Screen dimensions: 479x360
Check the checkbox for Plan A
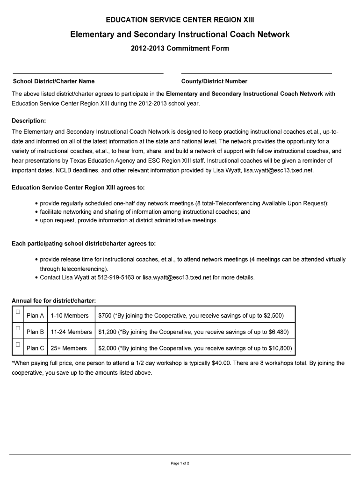click(x=18, y=312)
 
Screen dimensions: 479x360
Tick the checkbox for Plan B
click(x=18, y=328)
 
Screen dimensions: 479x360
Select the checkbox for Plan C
click(x=18, y=345)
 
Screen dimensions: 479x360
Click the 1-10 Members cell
click(x=70, y=316)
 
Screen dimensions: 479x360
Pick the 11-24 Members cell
click(x=71, y=332)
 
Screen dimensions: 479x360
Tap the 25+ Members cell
click(x=69, y=348)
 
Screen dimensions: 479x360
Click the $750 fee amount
click(x=105, y=316)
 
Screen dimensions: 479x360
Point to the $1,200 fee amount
click(x=107, y=332)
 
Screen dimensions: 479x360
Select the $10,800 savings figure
click(x=279, y=348)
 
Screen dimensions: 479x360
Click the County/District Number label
click(x=214, y=81)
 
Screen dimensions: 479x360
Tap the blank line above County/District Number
click(x=256, y=73)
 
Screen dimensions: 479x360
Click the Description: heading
click(x=29, y=121)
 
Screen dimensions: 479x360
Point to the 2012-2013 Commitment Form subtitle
click(x=180, y=49)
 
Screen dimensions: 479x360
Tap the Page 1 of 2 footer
click(x=180, y=464)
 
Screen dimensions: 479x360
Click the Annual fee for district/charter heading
click(x=54, y=300)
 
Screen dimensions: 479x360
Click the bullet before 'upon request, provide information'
click(x=36, y=220)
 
